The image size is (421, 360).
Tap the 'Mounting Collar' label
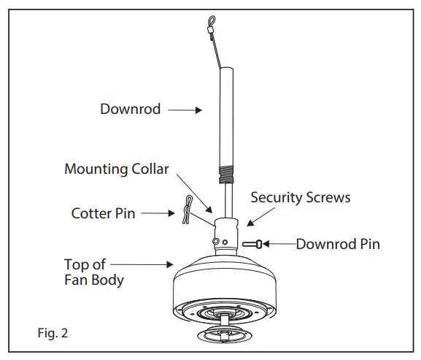click(117, 169)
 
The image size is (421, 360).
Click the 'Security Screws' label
click(300, 197)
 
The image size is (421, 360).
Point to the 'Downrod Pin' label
click(338, 243)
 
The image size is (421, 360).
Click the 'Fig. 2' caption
click(54, 333)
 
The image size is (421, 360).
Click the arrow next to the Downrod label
click(187, 110)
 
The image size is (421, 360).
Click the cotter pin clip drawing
click(187, 210)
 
